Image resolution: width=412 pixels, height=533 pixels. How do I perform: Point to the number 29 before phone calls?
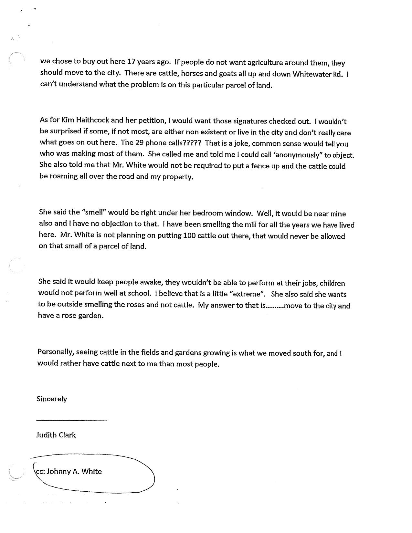pos(140,143)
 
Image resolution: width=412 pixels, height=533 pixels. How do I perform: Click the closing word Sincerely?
pos(52,399)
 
